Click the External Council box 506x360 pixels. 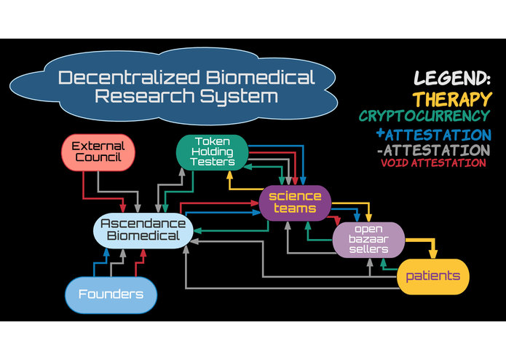point(98,152)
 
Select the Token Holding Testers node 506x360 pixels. point(211,152)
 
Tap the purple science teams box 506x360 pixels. point(295,203)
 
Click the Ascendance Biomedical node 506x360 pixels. point(143,229)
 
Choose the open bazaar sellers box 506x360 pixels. point(368,240)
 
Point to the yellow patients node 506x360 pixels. point(432,276)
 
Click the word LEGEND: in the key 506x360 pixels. point(452,79)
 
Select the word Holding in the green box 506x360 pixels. point(212,152)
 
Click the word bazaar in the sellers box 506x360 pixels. point(368,239)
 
